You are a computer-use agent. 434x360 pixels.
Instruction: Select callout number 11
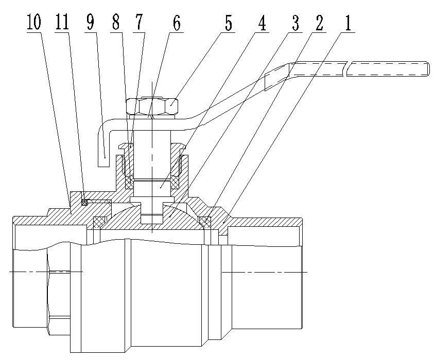click(x=62, y=23)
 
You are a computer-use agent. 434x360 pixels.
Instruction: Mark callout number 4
click(x=263, y=23)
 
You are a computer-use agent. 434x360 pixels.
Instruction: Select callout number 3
click(x=297, y=23)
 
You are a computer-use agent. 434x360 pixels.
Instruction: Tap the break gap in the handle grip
click(x=345, y=68)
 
